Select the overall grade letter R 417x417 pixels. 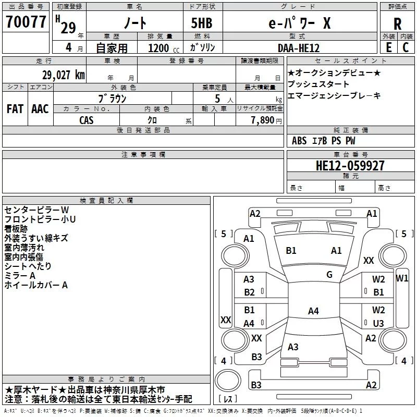[x=397, y=24]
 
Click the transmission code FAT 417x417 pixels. [x=15, y=109]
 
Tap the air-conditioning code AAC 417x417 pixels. [x=40, y=109]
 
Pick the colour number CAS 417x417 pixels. [x=87, y=120]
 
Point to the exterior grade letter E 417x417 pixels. [x=388, y=47]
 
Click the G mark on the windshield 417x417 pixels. [x=329, y=275]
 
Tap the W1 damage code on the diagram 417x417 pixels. [x=402, y=278]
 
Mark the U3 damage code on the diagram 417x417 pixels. [x=378, y=323]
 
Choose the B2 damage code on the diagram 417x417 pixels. [x=250, y=292]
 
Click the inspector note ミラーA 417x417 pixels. [x=20, y=276]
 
